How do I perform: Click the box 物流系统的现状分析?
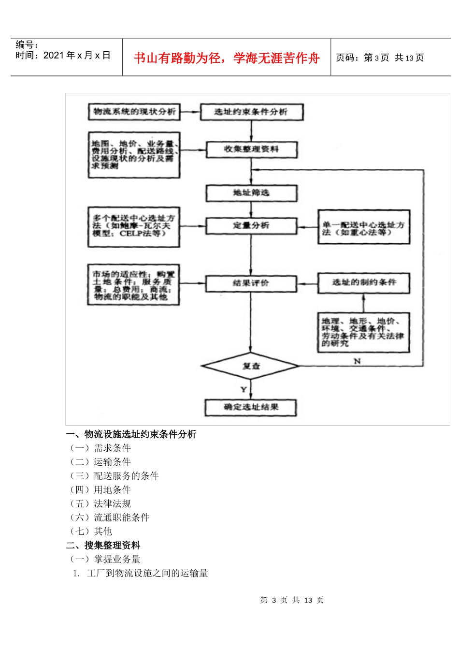pyautogui.click(x=134, y=112)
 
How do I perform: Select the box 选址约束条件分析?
pyautogui.click(x=251, y=112)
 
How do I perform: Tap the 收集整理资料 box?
pyautogui.click(x=251, y=149)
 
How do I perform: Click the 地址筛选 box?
pyautogui.click(x=251, y=193)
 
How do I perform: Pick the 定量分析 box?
pyautogui.click(x=251, y=226)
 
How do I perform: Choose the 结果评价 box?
pyautogui.click(x=251, y=283)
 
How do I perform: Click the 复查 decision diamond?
pyautogui.click(x=251, y=366)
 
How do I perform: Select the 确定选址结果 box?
pyautogui.click(x=251, y=407)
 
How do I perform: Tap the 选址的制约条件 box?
pyautogui.click(x=363, y=282)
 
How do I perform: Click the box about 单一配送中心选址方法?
pyautogui.click(x=363, y=227)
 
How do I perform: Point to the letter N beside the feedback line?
pyautogui.click(x=357, y=361)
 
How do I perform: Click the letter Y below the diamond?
pyautogui.click(x=244, y=389)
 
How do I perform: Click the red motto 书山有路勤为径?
pyautogui.click(x=227, y=58)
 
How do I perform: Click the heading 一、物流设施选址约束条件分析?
pyautogui.click(x=131, y=434)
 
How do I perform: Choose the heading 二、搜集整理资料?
pyautogui.click(x=103, y=545)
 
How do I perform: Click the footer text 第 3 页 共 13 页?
pyautogui.click(x=292, y=600)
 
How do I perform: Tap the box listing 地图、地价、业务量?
pyautogui.click(x=134, y=155)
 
